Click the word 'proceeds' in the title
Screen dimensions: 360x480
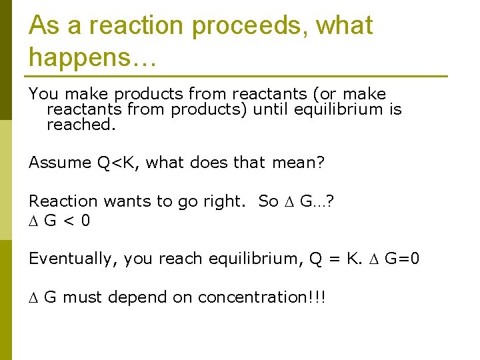point(245,26)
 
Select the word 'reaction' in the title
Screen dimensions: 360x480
point(135,26)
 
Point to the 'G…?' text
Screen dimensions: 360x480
point(317,201)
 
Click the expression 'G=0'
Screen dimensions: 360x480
point(402,259)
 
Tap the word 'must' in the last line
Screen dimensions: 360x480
point(83,297)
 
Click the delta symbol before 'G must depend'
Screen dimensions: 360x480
point(33,297)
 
